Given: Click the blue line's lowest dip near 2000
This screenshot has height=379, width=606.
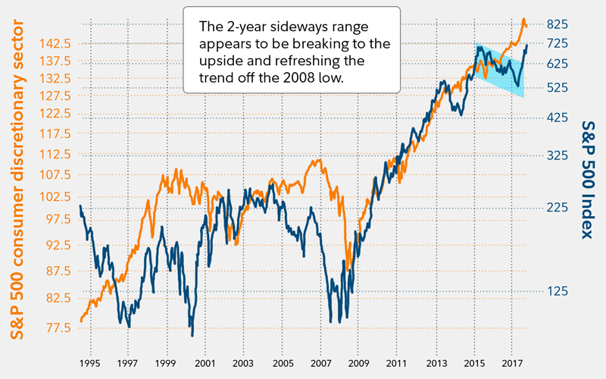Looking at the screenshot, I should [x=192, y=335].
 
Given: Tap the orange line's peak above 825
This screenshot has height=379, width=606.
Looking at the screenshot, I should [x=523, y=19].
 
